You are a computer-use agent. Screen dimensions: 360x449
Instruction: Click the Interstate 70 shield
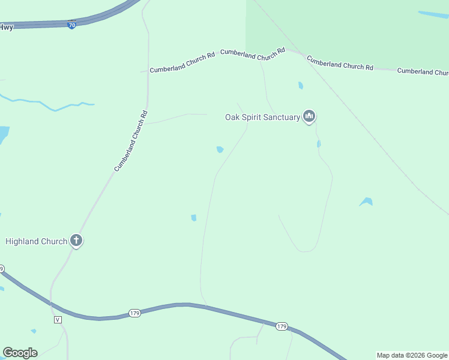coord(71,25)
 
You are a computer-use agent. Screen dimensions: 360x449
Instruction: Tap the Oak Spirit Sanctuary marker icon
coord(309,116)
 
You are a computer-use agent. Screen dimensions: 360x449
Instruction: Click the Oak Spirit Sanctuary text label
coord(262,118)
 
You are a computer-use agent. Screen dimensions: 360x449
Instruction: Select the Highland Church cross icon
coord(76,241)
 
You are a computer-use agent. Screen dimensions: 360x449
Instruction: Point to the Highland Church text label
coord(36,242)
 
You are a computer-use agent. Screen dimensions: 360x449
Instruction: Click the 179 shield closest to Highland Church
coord(134,313)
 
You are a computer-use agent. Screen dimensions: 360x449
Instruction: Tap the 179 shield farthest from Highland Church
coord(282,326)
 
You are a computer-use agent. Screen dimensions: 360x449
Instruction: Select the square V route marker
coord(58,319)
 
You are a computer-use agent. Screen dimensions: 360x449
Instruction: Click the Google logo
coord(20,353)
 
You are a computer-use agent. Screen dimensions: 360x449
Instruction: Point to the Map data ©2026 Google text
coord(412,355)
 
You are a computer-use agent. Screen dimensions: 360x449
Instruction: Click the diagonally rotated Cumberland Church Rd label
coord(131,141)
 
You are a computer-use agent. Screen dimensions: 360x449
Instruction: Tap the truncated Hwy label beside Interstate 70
coord(6,27)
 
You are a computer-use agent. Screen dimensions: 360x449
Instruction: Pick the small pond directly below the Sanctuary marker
coord(319,144)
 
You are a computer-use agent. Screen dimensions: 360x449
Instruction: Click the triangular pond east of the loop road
coord(366,202)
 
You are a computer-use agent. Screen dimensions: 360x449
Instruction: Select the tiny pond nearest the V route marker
coord(34,331)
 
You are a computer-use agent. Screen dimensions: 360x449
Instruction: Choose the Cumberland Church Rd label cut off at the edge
coord(423,71)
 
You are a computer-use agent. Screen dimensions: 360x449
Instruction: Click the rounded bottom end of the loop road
coord(307,250)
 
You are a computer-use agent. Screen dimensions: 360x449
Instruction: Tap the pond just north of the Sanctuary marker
coord(301,86)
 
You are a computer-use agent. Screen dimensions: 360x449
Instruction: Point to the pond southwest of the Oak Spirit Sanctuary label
coord(220,149)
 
